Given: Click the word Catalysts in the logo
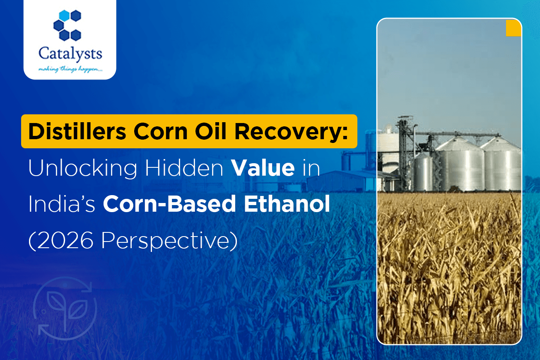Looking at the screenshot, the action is point(70,54).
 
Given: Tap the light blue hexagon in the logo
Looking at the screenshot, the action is point(64,15).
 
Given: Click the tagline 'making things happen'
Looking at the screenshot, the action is point(70,69).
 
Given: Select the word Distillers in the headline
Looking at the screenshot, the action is point(77,131).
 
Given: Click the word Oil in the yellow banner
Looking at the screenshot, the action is point(210,131).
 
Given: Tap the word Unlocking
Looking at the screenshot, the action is point(83,168).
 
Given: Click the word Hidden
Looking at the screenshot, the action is point(184,168).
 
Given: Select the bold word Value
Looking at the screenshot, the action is point(263,168).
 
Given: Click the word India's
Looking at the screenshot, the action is point(62,204).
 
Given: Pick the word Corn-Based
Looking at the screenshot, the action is point(169,204).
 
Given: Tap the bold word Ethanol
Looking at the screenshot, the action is point(287,204).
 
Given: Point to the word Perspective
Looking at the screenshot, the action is point(169,241).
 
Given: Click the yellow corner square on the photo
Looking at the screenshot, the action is point(513,28).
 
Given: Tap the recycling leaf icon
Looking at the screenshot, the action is point(65,308).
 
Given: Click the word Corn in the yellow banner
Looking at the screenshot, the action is point(161,131).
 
